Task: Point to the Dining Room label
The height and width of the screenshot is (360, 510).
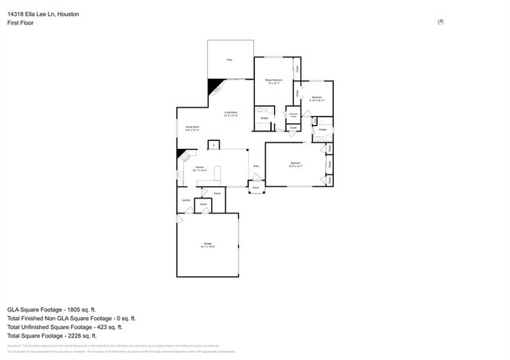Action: point(192,128)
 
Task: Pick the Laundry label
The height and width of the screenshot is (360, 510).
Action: point(185,200)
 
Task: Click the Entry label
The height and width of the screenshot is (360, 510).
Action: point(256,166)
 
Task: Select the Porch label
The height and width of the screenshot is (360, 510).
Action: point(256,188)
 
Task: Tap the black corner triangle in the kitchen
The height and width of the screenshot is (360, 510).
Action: point(182,154)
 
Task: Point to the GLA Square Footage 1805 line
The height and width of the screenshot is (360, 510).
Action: point(52,309)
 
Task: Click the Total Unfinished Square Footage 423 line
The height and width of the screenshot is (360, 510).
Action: point(65,327)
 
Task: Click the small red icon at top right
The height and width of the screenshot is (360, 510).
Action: point(441,22)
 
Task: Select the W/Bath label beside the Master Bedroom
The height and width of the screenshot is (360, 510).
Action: point(264,119)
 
